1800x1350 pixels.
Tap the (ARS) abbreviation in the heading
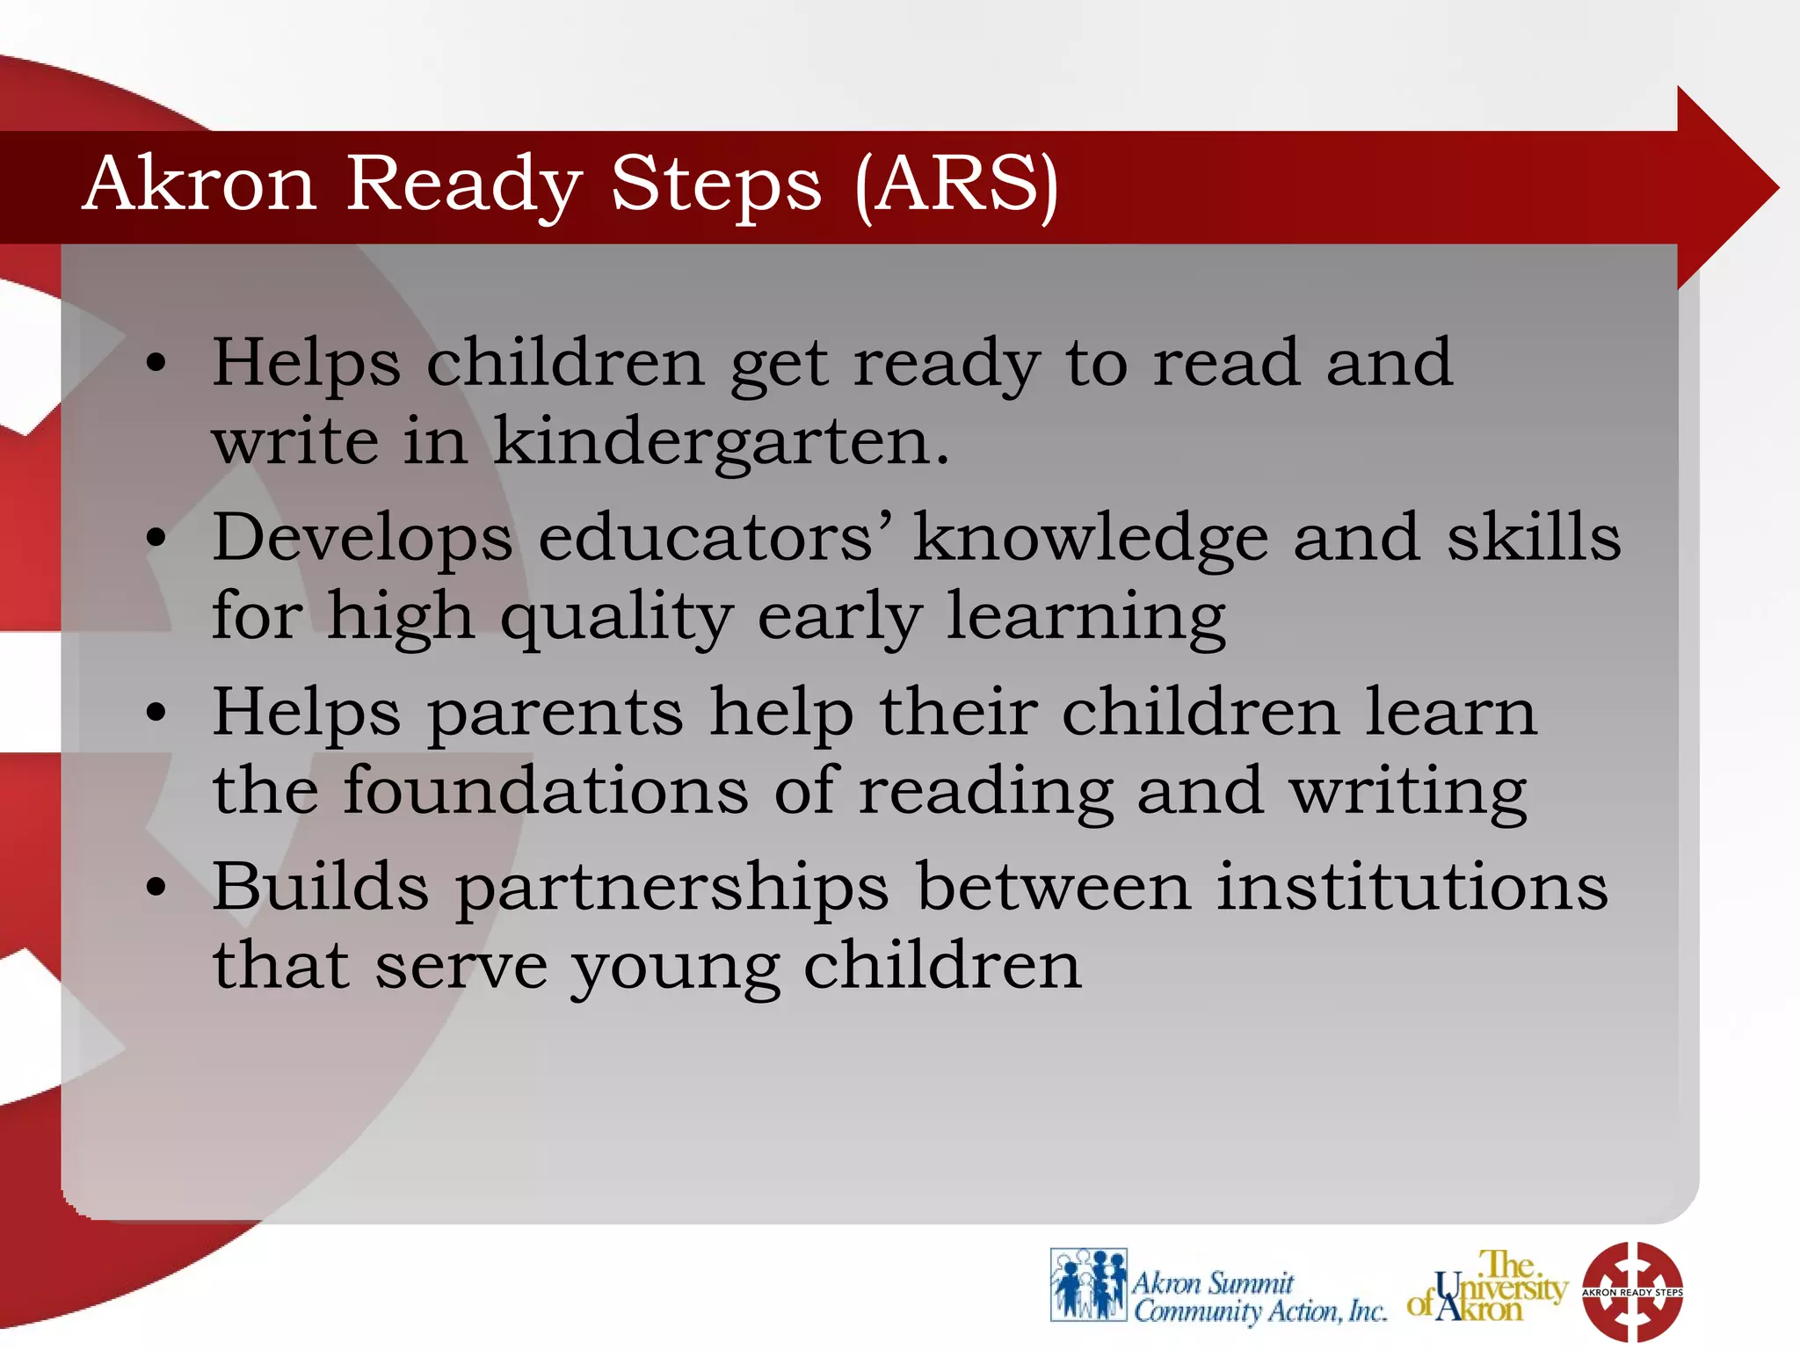(956, 185)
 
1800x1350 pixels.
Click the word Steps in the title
(715, 186)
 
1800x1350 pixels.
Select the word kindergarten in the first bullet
(721, 442)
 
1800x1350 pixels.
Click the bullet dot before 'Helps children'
(156, 363)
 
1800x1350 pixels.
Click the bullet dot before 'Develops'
(156, 538)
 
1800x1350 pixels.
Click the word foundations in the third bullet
(545, 790)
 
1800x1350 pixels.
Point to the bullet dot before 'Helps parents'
(156, 713)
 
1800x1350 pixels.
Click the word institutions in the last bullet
(1412, 886)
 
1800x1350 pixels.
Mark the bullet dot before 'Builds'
(156, 888)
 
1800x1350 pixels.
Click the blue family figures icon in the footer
(1088, 1285)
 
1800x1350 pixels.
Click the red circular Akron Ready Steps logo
(1632, 1291)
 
